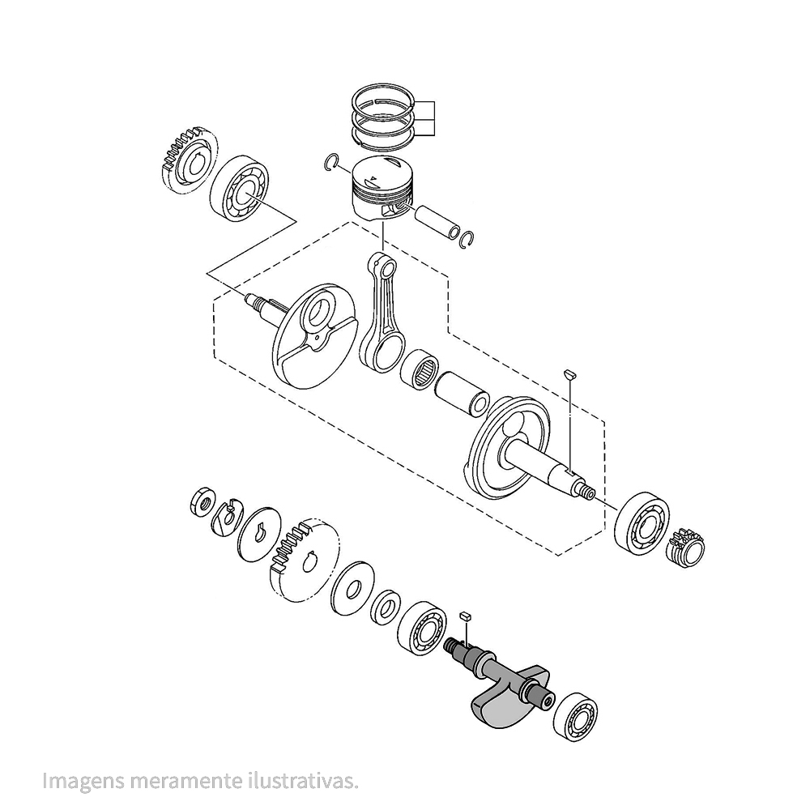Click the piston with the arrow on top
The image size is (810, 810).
(x=383, y=190)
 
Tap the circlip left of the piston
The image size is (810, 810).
(x=331, y=161)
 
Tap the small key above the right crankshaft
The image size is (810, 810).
(x=569, y=374)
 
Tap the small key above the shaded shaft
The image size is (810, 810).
(x=465, y=618)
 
